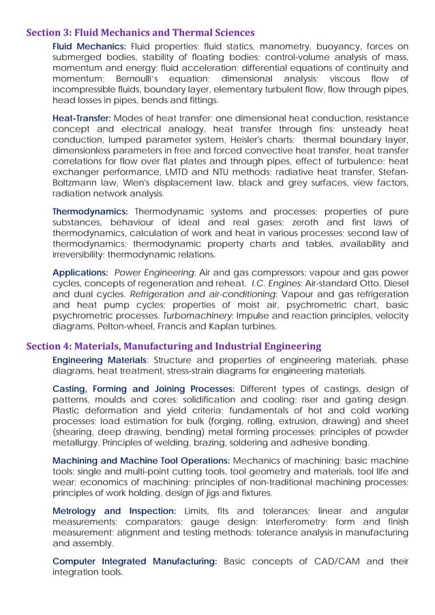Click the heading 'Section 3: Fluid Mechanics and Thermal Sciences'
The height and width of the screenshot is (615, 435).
tap(140, 32)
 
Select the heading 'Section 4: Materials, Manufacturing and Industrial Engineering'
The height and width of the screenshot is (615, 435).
tap(173, 346)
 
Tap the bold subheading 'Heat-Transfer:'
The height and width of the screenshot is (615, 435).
tap(81, 118)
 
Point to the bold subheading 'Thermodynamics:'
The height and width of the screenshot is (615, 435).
tap(90, 211)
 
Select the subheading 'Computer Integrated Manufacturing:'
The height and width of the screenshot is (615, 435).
tap(135, 562)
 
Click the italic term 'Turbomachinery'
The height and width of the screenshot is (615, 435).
tap(189, 316)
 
